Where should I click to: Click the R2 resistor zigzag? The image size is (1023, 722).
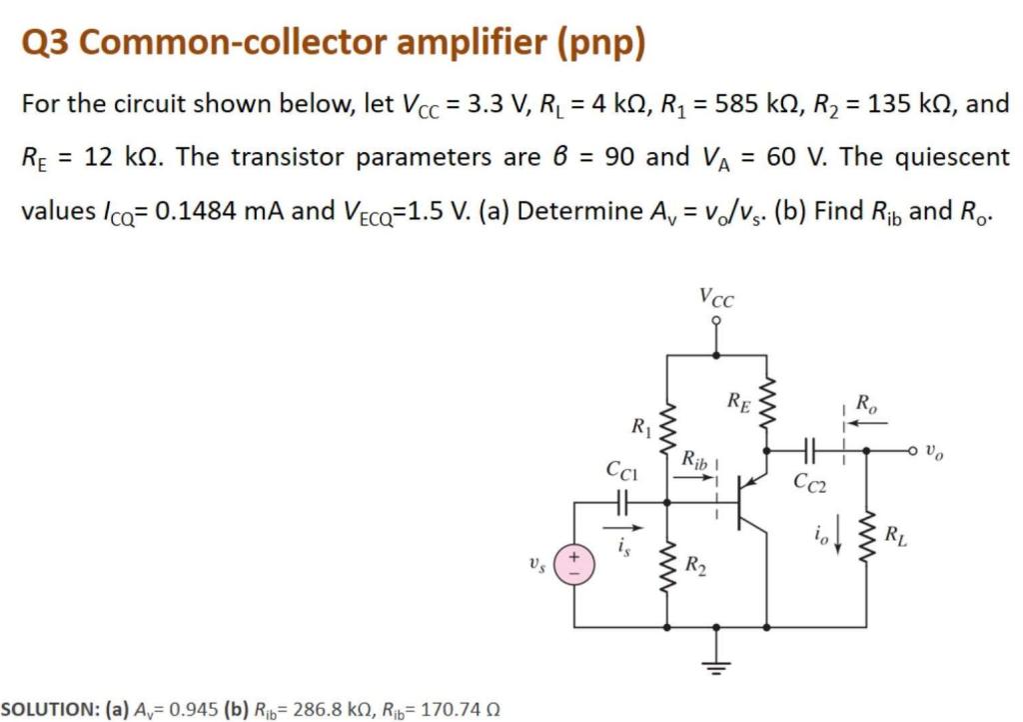click(x=666, y=572)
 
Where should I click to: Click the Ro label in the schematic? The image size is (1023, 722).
click(x=869, y=406)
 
